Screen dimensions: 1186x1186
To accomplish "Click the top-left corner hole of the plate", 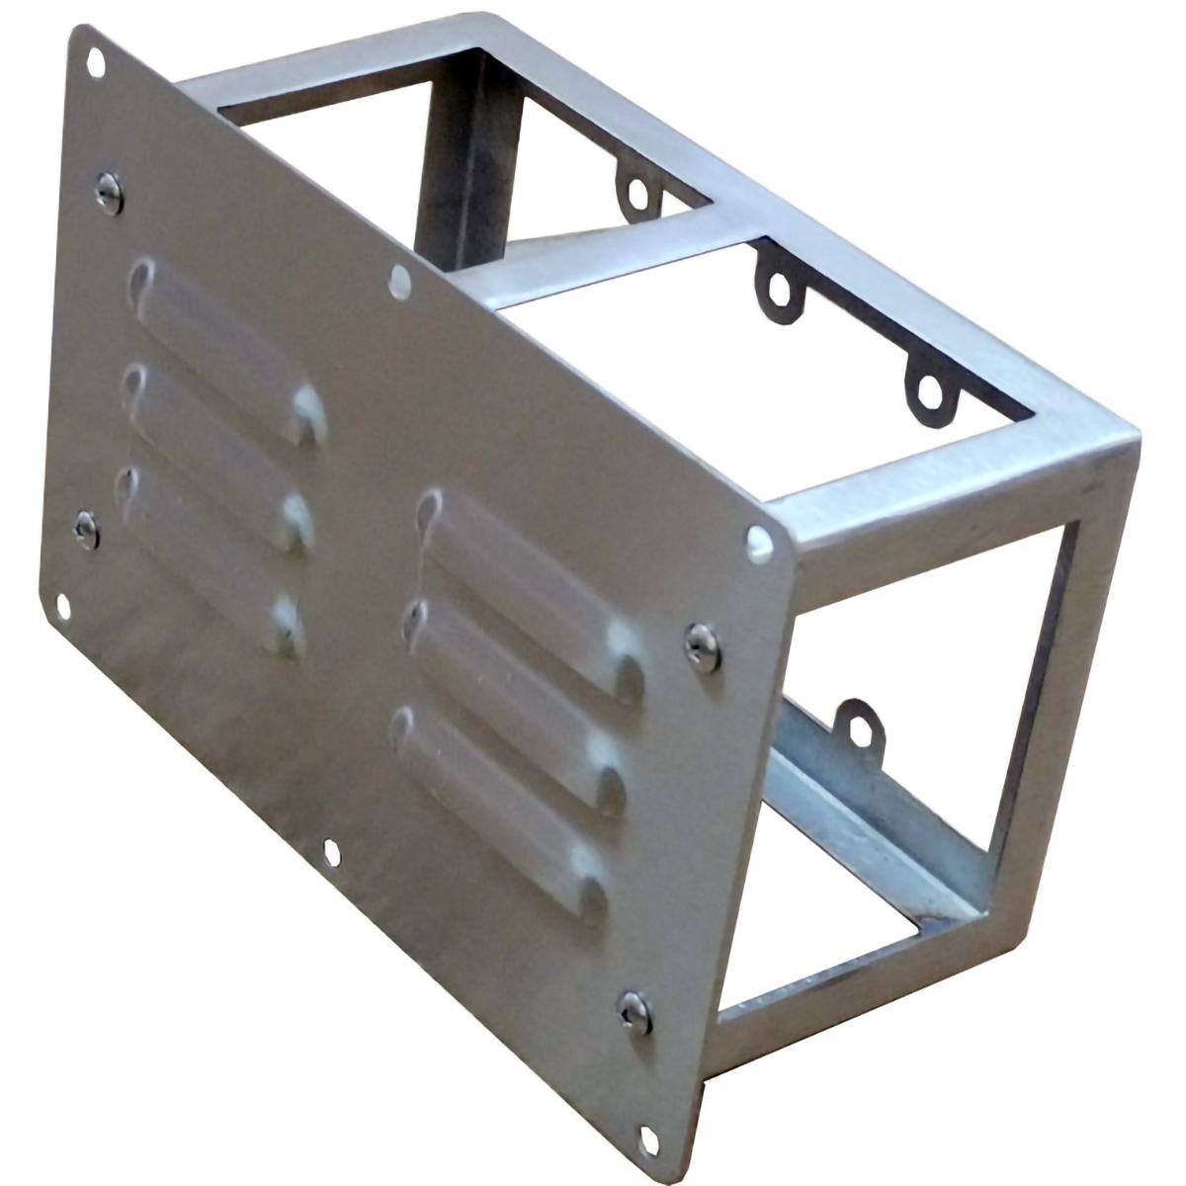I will click(96, 62).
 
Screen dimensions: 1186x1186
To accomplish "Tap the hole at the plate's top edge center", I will click(399, 282).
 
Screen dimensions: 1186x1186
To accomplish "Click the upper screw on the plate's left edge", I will click(109, 192).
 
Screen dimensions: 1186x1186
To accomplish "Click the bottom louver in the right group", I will click(499, 805).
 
